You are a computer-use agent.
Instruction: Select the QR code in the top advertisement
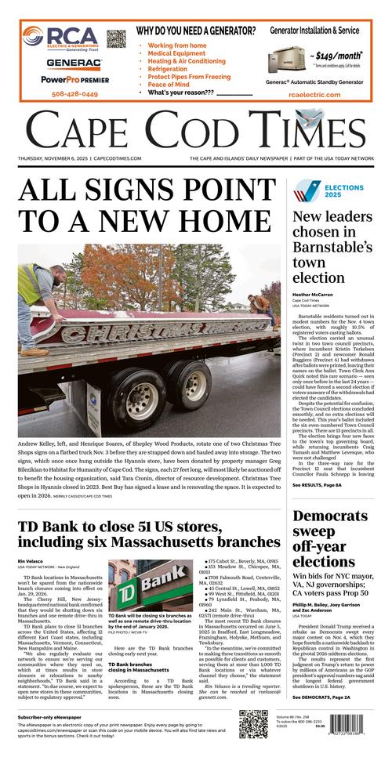click(116, 39)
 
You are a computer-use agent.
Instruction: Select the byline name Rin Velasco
click(31, 562)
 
